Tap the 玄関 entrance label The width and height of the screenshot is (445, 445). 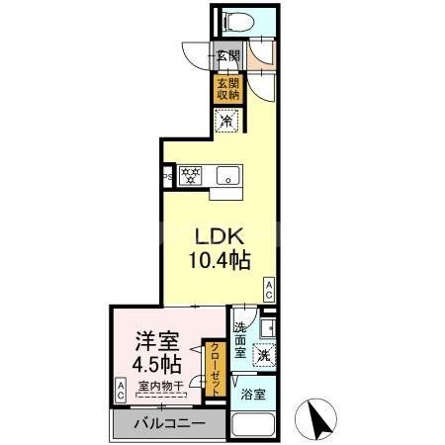[x=226, y=57]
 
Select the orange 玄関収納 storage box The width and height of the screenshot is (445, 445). [x=227, y=89]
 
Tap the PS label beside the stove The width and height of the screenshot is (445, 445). [x=168, y=178]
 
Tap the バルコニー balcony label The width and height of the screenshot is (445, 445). [x=168, y=423]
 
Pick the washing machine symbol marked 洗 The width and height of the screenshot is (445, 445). [x=262, y=354]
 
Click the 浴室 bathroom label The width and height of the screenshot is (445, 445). [x=252, y=393]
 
